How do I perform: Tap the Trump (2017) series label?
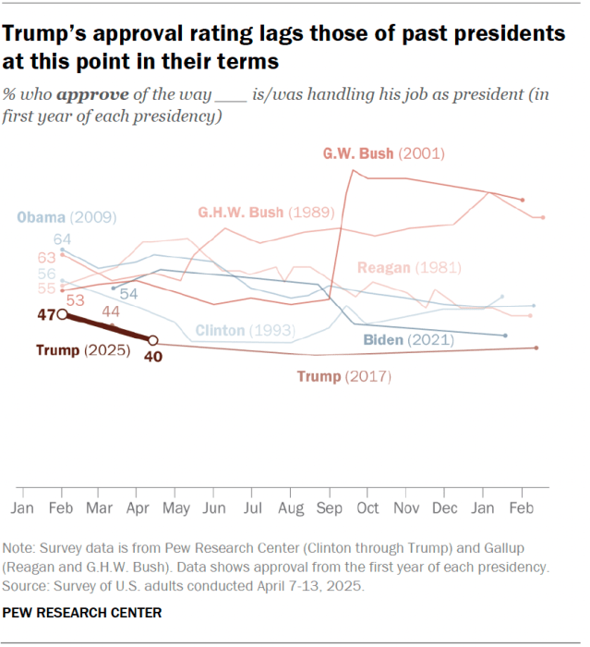point(344,376)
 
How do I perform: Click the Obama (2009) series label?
point(66,218)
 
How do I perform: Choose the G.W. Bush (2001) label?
point(382,153)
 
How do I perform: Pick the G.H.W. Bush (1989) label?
point(265,212)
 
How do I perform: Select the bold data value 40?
point(153,358)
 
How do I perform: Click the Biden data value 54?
point(128,293)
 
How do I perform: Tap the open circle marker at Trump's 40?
point(153,340)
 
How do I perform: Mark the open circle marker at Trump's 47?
point(62,314)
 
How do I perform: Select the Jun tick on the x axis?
point(214,508)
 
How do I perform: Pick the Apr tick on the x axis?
point(138,508)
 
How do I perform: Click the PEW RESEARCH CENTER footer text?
point(81,612)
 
